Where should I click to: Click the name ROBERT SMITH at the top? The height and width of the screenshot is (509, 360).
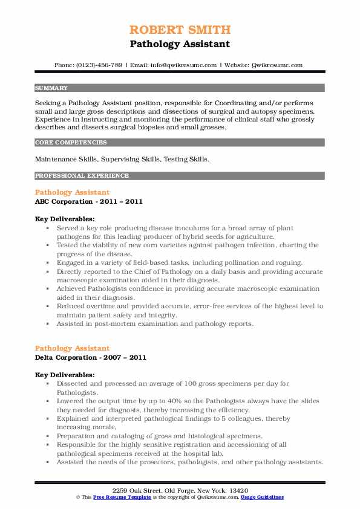click(x=180, y=30)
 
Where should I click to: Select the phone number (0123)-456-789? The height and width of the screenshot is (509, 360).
click(x=98, y=65)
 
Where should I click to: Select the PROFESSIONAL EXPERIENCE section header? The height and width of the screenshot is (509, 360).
click(x=82, y=176)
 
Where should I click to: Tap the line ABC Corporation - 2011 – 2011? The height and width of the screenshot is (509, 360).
click(x=89, y=201)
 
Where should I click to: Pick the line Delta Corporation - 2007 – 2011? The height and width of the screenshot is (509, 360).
click(x=91, y=357)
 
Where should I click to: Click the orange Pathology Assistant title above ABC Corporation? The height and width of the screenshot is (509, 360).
click(x=73, y=192)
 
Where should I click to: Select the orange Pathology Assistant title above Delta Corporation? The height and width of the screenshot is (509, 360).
click(x=73, y=349)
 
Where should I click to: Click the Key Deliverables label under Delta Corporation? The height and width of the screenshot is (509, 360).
click(x=65, y=375)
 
